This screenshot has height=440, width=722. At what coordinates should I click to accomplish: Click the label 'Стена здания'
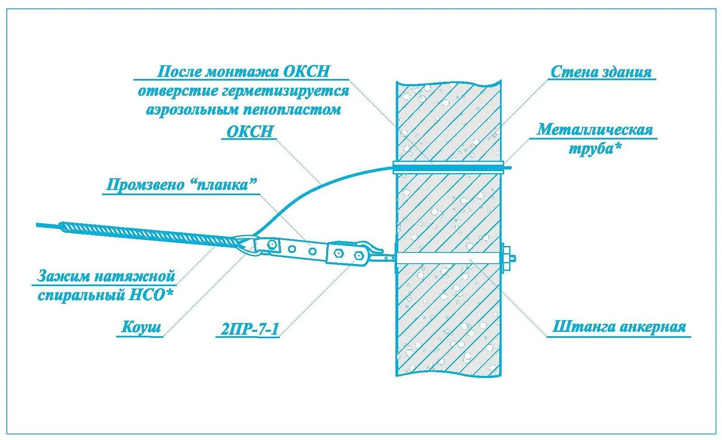click(601, 72)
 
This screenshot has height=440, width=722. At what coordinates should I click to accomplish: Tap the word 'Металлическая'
click(594, 130)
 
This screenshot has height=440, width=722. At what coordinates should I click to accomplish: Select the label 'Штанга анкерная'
click(619, 327)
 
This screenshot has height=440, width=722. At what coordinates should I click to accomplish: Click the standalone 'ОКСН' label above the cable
click(250, 131)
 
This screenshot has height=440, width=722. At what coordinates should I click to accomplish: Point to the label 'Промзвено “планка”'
click(181, 185)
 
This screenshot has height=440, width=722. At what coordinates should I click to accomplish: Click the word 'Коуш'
click(141, 327)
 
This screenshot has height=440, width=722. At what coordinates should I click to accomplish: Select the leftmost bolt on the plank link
click(272, 245)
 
